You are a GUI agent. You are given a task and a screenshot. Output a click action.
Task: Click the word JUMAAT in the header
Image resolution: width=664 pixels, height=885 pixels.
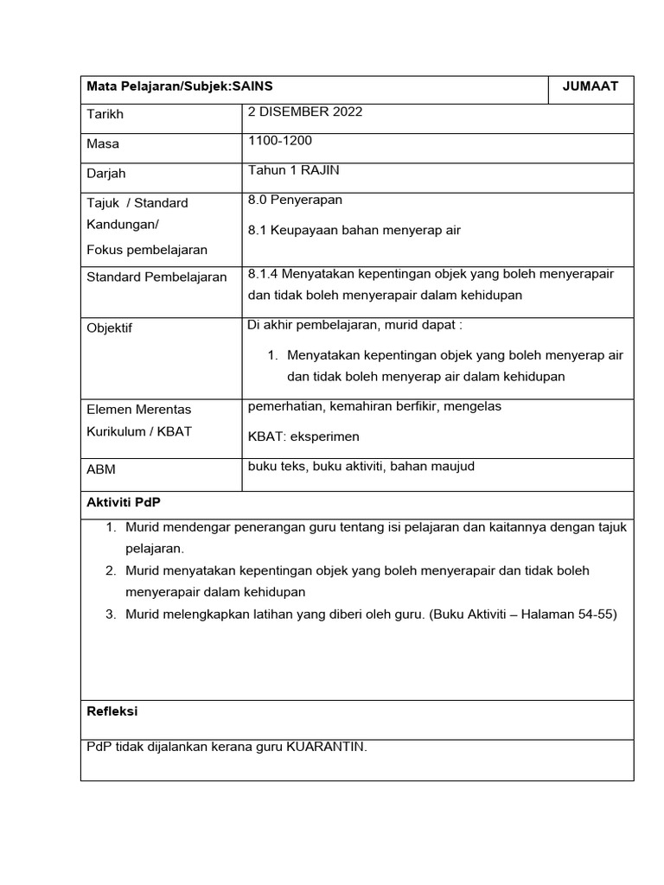click(591, 86)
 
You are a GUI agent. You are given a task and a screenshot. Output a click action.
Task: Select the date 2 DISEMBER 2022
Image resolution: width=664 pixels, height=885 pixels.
click(305, 111)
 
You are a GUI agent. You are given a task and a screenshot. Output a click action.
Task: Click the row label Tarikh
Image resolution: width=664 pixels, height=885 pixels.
click(105, 115)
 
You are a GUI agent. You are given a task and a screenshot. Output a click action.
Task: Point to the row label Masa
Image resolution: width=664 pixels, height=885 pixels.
click(103, 144)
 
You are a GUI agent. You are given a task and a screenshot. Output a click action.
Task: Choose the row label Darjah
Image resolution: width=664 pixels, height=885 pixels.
click(106, 174)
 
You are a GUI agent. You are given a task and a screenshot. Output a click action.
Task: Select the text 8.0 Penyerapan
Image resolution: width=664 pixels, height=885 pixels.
click(295, 200)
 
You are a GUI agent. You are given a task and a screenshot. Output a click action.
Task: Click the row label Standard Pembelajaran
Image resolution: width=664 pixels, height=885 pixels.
click(156, 277)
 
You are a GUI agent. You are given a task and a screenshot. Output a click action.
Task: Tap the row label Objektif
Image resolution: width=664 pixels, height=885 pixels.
click(110, 328)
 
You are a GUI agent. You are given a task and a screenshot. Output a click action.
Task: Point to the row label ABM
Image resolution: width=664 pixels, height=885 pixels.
click(101, 469)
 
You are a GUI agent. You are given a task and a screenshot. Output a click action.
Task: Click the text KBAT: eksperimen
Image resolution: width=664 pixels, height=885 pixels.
click(303, 436)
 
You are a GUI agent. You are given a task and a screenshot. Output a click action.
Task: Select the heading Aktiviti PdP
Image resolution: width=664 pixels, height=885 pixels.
click(124, 502)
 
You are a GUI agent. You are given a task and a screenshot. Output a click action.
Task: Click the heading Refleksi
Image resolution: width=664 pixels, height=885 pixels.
click(112, 711)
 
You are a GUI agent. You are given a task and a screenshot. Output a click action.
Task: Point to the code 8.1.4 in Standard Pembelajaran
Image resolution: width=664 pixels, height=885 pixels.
click(262, 274)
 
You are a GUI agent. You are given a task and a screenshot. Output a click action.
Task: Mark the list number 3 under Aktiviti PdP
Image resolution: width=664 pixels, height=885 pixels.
click(111, 614)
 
